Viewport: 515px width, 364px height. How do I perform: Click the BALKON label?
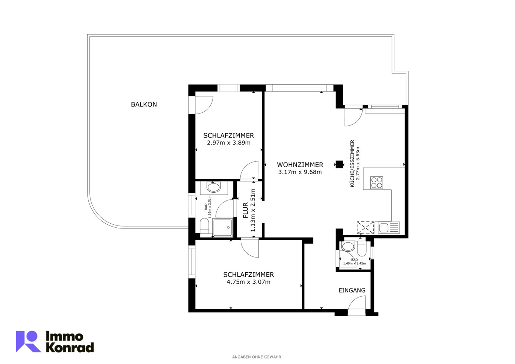click(x=144, y=105)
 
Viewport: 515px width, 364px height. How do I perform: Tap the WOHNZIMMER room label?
click(x=300, y=165)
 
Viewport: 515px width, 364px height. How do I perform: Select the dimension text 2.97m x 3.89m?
click(x=229, y=143)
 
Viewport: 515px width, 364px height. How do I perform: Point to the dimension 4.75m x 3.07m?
click(x=248, y=282)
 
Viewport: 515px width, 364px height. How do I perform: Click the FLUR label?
click(x=246, y=210)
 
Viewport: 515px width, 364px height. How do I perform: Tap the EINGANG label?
click(x=352, y=290)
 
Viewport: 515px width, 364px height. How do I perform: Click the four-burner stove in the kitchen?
click(x=377, y=182)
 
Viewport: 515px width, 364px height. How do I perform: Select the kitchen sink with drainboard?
click(x=388, y=228)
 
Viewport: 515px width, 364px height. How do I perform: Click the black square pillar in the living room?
click(x=339, y=164)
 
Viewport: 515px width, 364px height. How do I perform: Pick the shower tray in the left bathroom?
click(x=223, y=227)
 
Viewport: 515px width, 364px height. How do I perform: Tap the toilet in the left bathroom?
click(x=204, y=226)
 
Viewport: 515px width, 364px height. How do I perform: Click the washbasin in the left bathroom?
click(x=214, y=188)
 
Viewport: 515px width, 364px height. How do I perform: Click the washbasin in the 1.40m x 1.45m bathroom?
click(x=348, y=246)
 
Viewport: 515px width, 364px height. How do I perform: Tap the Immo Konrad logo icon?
click(x=28, y=341)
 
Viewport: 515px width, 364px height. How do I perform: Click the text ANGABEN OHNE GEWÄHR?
click(x=257, y=357)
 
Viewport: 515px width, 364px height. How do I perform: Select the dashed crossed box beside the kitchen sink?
click(x=365, y=228)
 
